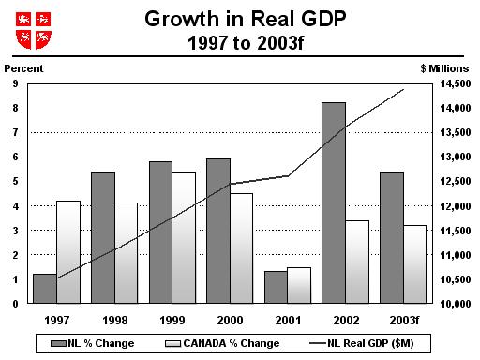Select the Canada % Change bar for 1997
tap(68, 252)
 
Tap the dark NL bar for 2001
tap(276, 287)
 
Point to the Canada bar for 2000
tap(241, 248)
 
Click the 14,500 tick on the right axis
tap(453, 84)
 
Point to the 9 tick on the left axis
tap(15, 84)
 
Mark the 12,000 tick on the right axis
tap(453, 206)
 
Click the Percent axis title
tap(24, 68)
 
